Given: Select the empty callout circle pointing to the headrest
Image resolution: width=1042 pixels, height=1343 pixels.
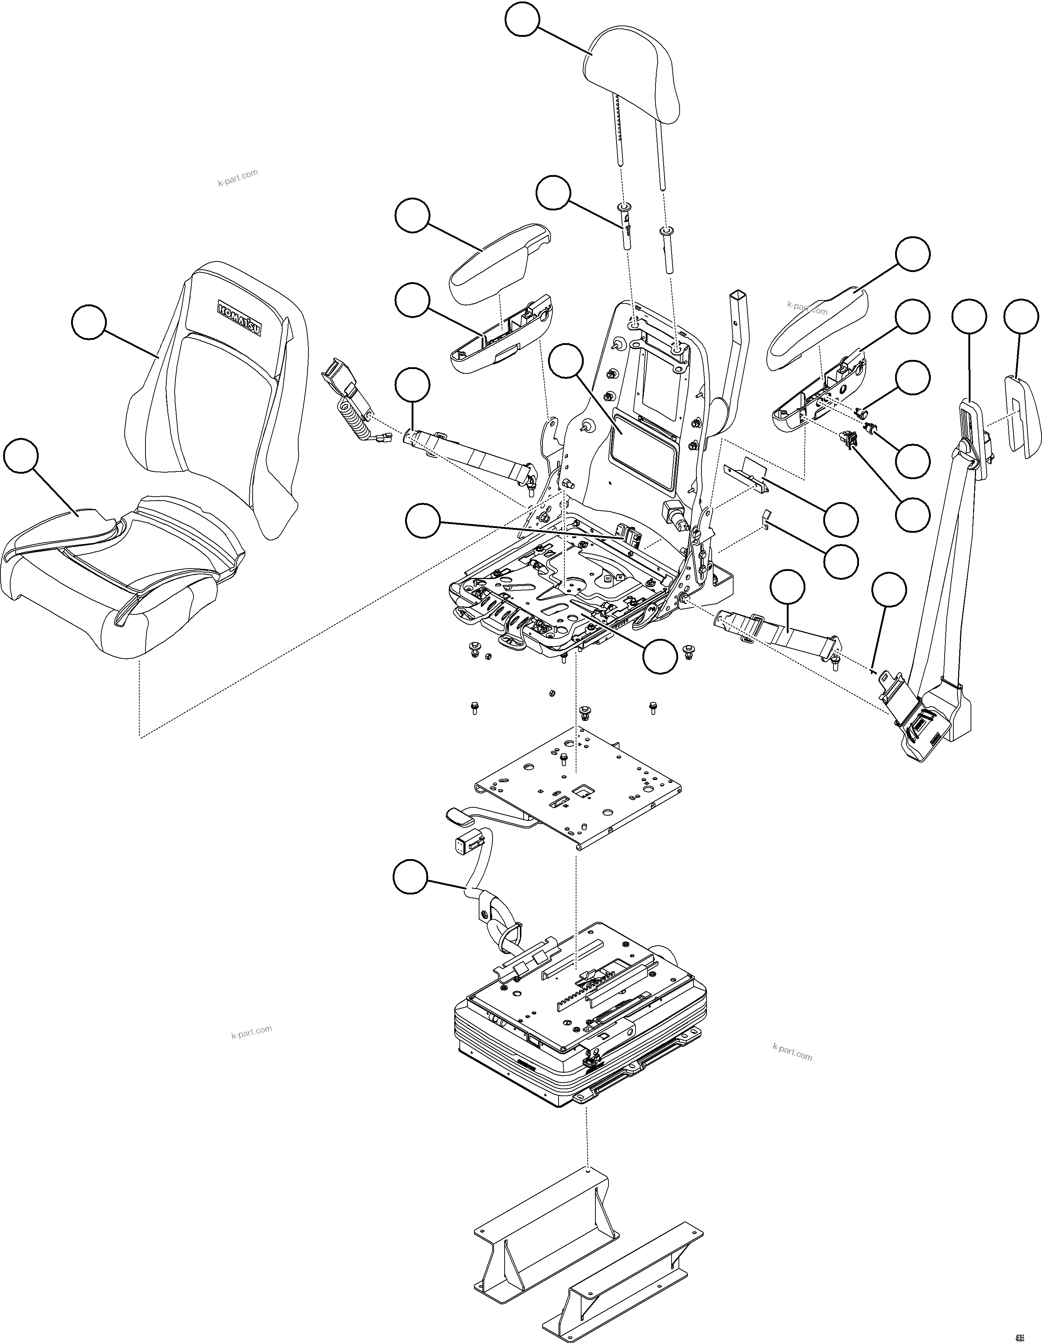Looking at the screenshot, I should pos(522,21).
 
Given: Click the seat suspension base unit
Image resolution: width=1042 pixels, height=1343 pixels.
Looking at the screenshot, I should pos(578,1039).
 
